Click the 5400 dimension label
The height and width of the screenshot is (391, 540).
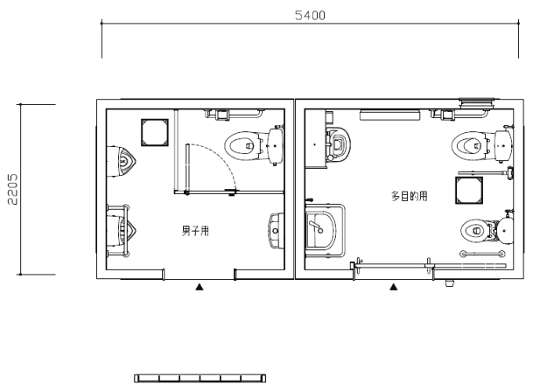coord(310,16)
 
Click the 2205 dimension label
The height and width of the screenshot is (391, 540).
coord(12,189)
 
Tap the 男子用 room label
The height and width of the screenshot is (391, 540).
coord(195,231)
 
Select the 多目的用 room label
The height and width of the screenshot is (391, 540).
coord(409,196)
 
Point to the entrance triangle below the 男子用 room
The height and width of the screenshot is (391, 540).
coord(200,287)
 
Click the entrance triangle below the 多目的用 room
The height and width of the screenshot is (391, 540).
coord(394,287)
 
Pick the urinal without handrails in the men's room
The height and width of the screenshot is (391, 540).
coord(121,162)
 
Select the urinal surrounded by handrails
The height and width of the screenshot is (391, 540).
coord(121,230)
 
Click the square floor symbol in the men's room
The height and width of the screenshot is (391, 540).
coord(155,132)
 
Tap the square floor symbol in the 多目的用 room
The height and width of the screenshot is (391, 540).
coord(469,191)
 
